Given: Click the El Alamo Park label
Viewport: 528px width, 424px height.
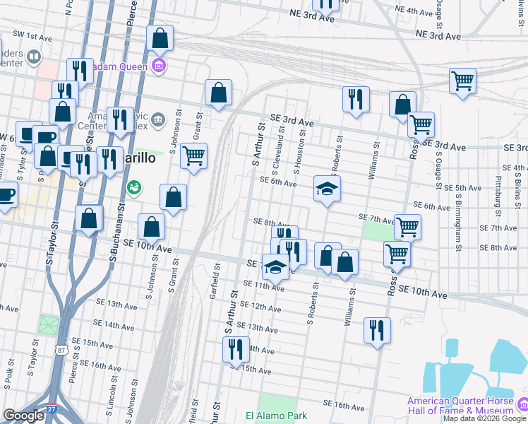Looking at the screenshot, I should click(277, 416).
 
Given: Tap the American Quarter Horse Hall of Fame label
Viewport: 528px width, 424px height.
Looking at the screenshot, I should click(460, 406).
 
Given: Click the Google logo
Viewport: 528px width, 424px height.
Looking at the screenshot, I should click(23, 416).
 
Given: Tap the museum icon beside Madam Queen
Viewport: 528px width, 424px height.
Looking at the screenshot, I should click(159, 67).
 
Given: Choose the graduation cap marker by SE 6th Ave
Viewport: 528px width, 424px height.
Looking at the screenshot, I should click(328, 189).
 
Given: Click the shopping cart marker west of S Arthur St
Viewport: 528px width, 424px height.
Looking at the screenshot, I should click(193, 155).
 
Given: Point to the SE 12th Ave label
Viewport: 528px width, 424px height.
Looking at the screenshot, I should click(256, 306).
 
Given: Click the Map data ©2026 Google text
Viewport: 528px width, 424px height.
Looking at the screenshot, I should click(485, 418).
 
